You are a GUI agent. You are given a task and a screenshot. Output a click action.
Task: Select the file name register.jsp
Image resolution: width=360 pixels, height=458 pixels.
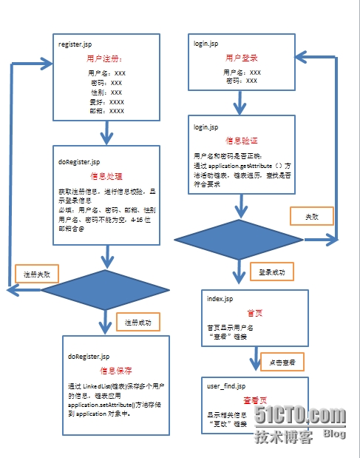[75, 44]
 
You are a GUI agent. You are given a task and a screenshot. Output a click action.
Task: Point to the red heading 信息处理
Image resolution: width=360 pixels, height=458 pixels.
[106, 177]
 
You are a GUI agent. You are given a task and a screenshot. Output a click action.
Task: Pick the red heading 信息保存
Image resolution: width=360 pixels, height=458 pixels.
[116, 370]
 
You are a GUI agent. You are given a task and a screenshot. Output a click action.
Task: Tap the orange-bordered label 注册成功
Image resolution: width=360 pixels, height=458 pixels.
[137, 323]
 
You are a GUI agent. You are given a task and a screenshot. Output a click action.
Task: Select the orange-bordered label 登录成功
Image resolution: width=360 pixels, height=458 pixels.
[272, 272]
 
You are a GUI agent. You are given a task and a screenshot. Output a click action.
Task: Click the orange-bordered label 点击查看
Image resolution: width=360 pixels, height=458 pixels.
[283, 362]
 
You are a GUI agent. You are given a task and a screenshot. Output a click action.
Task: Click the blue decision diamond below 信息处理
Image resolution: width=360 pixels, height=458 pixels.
[108, 289]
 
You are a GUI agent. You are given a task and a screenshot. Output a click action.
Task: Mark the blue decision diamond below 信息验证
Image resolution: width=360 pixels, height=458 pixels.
[239, 239]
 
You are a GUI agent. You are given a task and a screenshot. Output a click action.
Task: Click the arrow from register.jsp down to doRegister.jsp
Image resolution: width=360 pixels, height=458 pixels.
[108, 132]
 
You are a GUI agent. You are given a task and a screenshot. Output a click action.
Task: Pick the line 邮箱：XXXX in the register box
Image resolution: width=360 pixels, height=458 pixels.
[106, 111]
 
